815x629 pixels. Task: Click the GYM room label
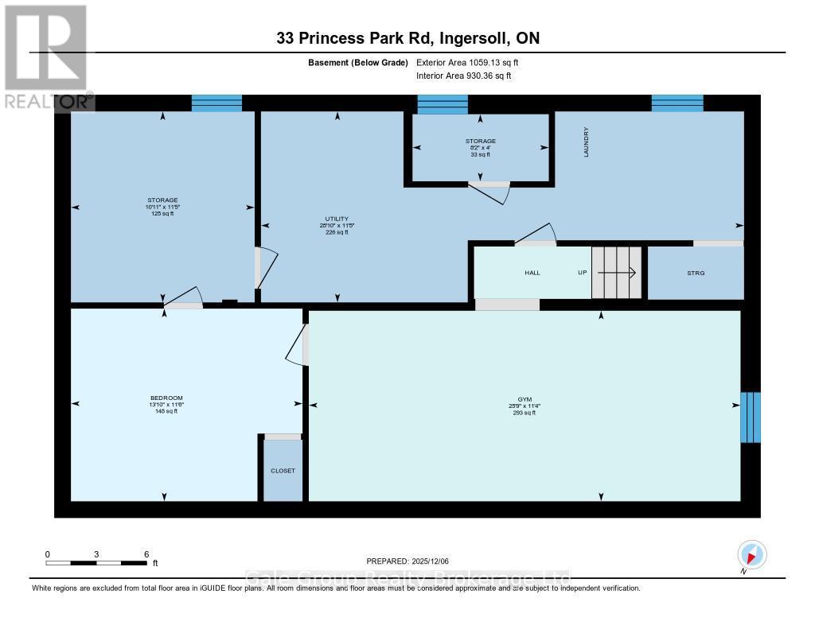point(524,399)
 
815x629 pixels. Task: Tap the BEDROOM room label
point(166,398)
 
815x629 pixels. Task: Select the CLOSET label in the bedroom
point(283,471)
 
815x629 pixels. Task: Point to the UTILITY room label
point(337,219)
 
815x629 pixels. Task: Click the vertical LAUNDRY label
point(586,142)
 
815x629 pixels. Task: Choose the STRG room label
point(696,273)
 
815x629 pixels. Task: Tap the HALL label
point(532,273)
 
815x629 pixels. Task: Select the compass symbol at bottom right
point(751,554)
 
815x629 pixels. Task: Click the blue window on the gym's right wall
point(750,417)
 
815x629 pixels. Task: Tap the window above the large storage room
point(216,103)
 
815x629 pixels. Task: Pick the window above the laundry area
point(677,103)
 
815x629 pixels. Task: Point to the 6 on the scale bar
point(146,554)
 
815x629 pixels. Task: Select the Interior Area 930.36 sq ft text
point(463,76)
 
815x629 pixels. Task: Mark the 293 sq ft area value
point(524,412)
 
